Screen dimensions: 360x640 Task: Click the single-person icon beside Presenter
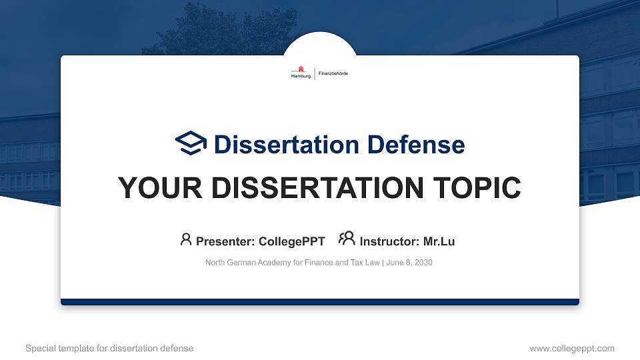tap(186, 239)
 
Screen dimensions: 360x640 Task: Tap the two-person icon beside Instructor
tap(347, 239)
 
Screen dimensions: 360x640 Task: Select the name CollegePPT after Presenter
tap(291, 241)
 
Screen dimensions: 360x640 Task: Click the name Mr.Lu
tap(439, 241)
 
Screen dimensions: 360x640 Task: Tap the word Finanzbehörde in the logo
tap(333, 73)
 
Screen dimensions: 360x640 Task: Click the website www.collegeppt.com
tap(572, 348)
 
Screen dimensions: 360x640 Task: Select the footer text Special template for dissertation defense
tap(109, 348)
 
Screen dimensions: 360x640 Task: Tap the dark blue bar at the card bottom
tap(320, 302)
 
